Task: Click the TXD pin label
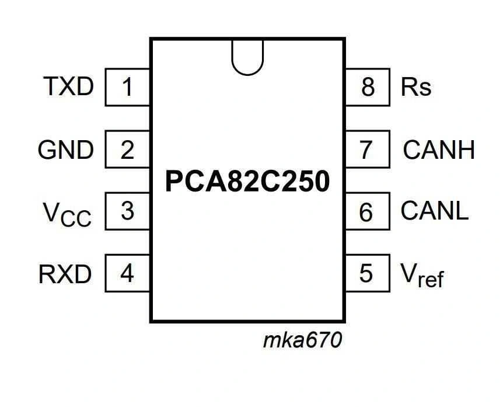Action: (68, 87)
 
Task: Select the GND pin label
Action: (65, 150)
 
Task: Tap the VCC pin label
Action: (67, 214)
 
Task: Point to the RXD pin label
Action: (65, 273)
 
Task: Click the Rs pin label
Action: (416, 87)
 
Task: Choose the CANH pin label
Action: (438, 150)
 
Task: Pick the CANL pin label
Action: (435, 211)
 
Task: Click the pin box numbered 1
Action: (127, 88)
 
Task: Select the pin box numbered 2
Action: (127, 150)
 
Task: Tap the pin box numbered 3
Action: (127, 211)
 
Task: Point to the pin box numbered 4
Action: (127, 273)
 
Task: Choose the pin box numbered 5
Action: (367, 273)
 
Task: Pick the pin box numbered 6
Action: (367, 212)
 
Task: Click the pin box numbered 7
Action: (367, 150)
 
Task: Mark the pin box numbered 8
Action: (367, 88)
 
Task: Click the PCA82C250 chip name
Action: (247, 182)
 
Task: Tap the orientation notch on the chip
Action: (247, 56)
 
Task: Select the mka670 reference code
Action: (302, 340)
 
